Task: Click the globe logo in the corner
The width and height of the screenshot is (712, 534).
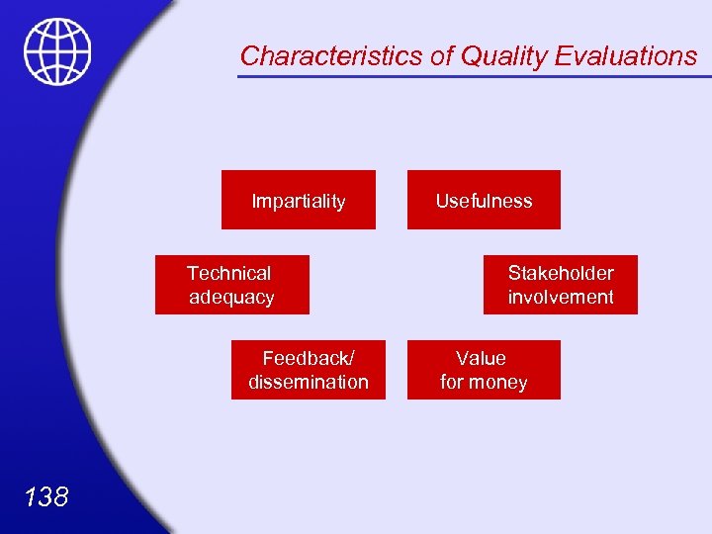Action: pyautogui.click(x=58, y=52)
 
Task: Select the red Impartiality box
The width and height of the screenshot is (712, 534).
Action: pyautogui.click(x=298, y=201)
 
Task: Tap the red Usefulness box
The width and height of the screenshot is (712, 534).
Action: pyautogui.click(x=484, y=201)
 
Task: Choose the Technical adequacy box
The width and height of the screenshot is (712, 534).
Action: pyautogui.click(x=231, y=285)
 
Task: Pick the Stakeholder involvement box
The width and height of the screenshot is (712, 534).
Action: pyautogui.click(x=560, y=285)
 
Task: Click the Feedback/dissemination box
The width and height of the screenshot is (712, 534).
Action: pyautogui.click(x=308, y=370)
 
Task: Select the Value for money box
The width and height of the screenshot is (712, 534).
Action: pyautogui.click(x=484, y=370)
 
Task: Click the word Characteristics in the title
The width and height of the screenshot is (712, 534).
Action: pyautogui.click(x=331, y=56)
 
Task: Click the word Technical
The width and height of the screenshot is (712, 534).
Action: pyautogui.click(x=228, y=273)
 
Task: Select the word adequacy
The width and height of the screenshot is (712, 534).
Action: pyautogui.click(x=231, y=297)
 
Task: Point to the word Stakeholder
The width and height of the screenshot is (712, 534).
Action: pyautogui.click(x=561, y=273)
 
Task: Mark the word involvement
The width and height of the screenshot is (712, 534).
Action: pyautogui.click(x=561, y=297)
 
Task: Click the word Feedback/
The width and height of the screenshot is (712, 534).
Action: pyautogui.click(x=308, y=358)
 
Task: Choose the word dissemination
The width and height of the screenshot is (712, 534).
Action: pyautogui.click(x=309, y=382)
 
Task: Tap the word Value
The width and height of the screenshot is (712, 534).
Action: pyautogui.click(x=481, y=358)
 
